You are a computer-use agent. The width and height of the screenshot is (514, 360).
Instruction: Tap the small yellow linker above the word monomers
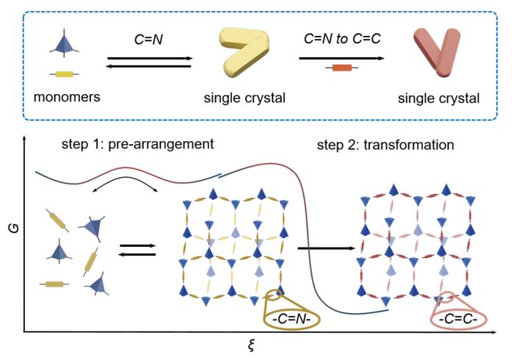[x=64, y=74]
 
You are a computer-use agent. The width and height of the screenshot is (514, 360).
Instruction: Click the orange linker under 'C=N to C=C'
[x=341, y=68]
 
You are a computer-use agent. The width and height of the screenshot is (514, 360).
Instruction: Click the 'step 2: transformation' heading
[x=385, y=145]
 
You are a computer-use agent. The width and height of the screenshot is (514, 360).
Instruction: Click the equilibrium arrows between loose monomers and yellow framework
[x=136, y=249]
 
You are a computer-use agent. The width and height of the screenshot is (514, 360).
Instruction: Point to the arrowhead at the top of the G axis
[x=26, y=138]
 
